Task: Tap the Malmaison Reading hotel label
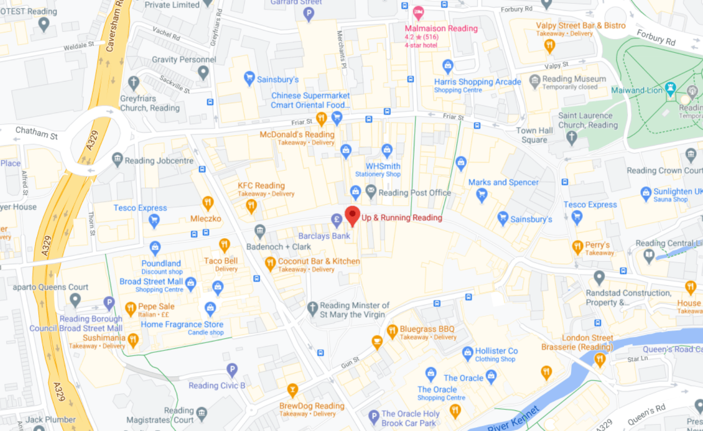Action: click(x=441, y=29)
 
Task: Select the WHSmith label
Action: click(x=383, y=166)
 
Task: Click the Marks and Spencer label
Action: click(x=503, y=182)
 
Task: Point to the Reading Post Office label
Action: click(x=414, y=193)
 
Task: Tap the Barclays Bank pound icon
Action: click(x=337, y=220)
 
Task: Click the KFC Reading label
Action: click(x=261, y=186)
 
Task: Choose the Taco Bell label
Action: click(x=221, y=261)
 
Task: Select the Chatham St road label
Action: click(x=37, y=133)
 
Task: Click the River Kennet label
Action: click(x=514, y=419)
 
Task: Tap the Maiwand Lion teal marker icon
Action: click(x=671, y=88)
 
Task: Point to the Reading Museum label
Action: click(x=574, y=79)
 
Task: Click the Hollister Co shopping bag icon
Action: click(x=467, y=353)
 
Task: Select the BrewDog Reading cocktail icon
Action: click(x=292, y=390)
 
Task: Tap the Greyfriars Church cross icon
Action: click(x=134, y=83)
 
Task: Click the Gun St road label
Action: click(x=350, y=362)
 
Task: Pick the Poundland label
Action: click(x=161, y=263)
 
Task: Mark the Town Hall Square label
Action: click(x=534, y=135)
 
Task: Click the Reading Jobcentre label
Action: click(x=159, y=161)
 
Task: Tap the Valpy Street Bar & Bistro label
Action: click(x=581, y=26)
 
